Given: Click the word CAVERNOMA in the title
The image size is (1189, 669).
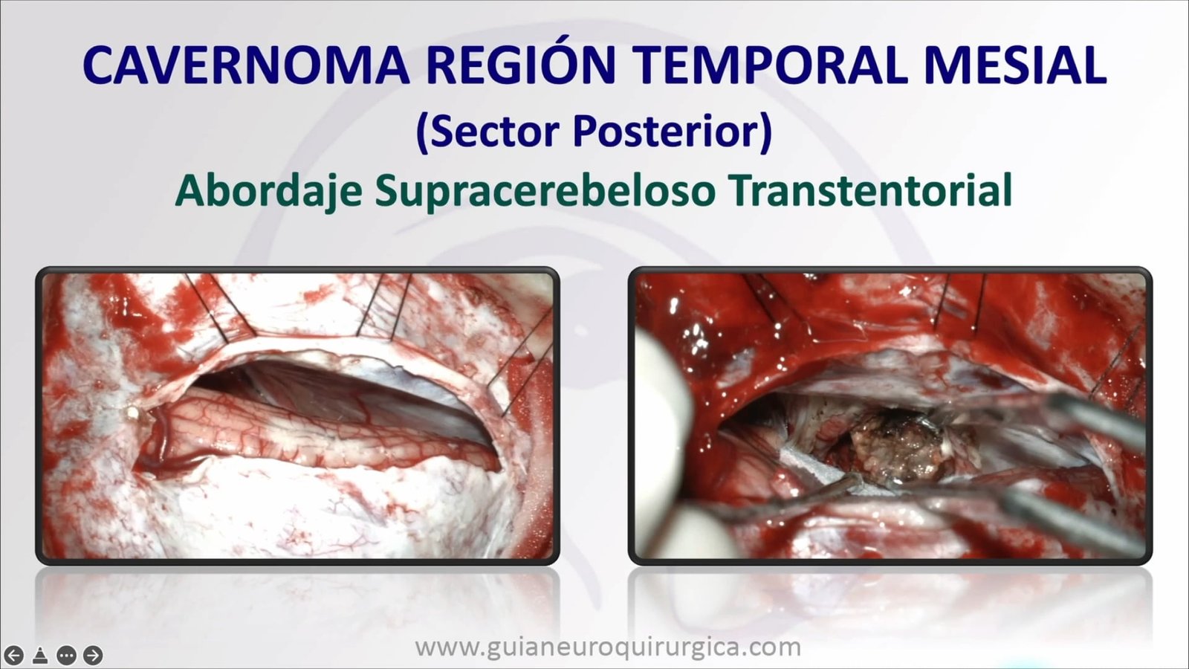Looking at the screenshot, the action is point(247,65).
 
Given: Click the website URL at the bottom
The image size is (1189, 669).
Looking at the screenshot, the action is point(608,647).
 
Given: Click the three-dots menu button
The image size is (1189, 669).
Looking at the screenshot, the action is point(66,655).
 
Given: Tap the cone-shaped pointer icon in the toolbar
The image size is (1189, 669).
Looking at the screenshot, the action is point(40,655).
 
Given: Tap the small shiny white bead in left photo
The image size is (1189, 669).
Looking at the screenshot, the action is point(131,411).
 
